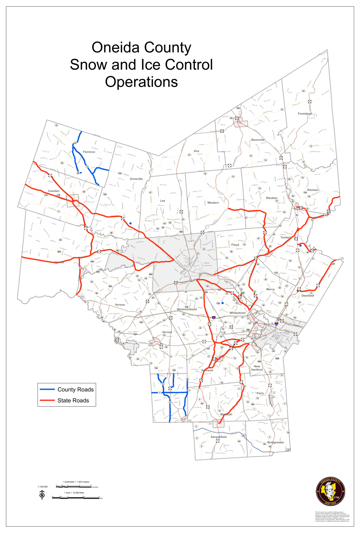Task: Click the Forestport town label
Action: (305, 114)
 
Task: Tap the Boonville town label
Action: (258, 140)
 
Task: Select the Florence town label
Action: (89, 152)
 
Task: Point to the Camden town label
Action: (54, 191)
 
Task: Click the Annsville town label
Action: (136, 179)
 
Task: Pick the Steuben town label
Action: (271, 198)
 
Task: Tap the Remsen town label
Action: (313, 190)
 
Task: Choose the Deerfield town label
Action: (307, 296)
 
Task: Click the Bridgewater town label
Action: (276, 442)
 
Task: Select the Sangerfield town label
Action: (219, 437)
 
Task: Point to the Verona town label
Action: (120, 305)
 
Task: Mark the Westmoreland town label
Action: (187, 309)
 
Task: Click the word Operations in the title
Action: (141, 82)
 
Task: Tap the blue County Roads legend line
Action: (47, 390)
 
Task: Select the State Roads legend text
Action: (73, 400)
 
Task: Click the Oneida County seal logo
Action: (330, 491)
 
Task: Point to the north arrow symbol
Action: (42, 494)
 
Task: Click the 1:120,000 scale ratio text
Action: (43, 487)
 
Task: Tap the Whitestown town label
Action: (237, 313)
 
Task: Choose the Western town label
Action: (213, 203)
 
